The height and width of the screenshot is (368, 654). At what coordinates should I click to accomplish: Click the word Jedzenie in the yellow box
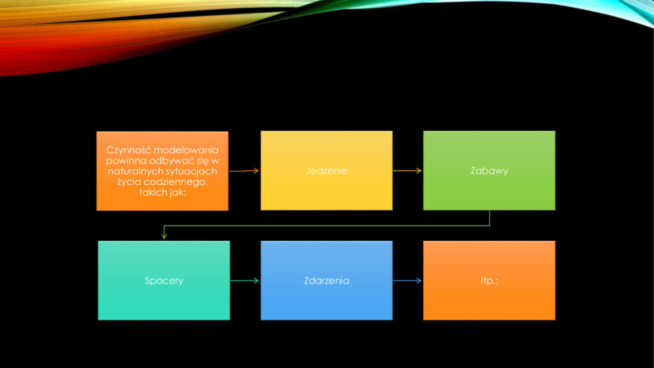326,171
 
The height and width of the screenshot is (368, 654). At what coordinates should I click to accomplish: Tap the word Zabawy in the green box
489,171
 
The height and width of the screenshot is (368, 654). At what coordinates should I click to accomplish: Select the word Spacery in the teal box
164,281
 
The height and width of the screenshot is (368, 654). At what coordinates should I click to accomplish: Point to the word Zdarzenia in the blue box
326,280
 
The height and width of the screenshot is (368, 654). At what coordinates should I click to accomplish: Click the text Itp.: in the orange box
489,280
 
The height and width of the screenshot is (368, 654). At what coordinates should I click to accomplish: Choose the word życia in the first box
127,182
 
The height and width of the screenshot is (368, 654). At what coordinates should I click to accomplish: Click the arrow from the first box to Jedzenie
243,171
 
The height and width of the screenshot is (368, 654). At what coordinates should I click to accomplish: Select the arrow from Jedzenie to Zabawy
407,171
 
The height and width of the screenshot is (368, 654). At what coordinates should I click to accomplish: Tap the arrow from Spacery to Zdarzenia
245,281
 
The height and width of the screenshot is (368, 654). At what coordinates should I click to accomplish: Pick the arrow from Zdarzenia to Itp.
407,281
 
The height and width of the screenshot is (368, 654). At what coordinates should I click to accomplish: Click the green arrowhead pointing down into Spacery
164,236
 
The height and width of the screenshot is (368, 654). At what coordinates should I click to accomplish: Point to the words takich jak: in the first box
162,192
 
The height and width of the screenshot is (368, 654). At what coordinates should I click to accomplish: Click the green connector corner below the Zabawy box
489,226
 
